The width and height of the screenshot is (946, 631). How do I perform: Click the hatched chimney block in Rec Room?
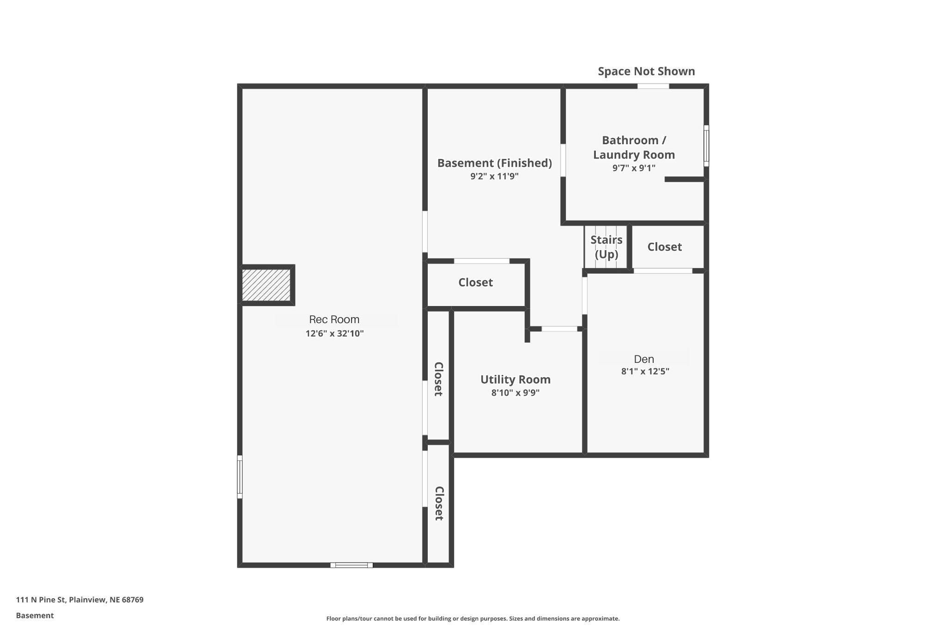pos(267,285)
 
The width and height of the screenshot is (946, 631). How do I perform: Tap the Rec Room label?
pos(334,319)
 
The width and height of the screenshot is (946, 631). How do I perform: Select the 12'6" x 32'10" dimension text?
pos(334,333)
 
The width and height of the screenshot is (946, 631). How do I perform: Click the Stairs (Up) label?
pos(606,247)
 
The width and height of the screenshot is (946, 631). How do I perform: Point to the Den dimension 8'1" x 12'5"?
pos(645,371)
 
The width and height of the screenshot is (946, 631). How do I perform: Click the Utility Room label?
pos(515,380)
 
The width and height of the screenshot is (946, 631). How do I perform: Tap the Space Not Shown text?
pos(646,71)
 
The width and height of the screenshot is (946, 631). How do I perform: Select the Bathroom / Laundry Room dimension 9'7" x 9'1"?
pos(634,168)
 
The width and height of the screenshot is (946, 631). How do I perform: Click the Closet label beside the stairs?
pos(664,247)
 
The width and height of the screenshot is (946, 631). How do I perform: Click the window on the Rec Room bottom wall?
pos(352,565)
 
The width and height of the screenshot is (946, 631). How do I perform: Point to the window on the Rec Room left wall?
pos(240,477)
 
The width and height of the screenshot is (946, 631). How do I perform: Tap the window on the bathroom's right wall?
pos(706,146)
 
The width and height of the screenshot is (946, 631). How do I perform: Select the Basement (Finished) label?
pos(494,163)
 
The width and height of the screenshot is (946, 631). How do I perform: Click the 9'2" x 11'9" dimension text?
pos(494,176)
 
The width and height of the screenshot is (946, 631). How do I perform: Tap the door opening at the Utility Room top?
pos(559,329)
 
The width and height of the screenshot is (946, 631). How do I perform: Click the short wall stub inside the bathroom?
pos(684,179)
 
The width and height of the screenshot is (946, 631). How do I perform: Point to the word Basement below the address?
pos(35,615)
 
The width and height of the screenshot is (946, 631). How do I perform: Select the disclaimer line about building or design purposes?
pos(473,619)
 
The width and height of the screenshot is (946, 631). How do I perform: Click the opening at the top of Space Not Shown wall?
pos(653,86)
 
